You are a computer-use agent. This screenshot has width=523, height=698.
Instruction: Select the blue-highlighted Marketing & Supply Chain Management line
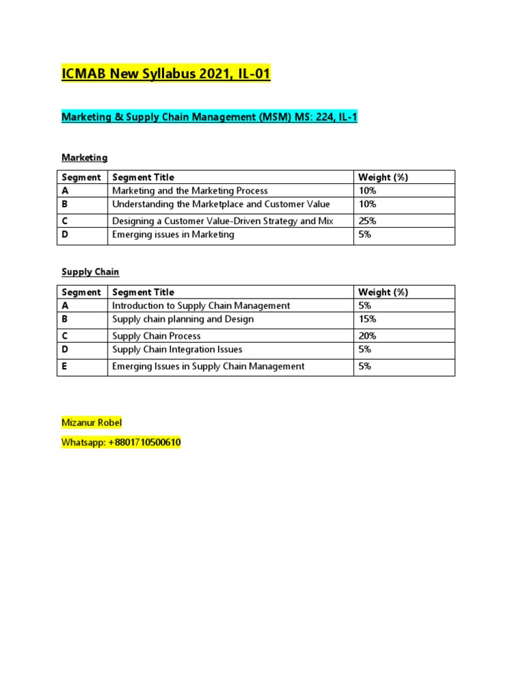click(x=209, y=117)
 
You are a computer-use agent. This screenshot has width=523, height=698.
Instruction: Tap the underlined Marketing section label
click(x=84, y=157)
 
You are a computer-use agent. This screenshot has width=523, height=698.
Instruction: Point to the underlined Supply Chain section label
click(x=90, y=272)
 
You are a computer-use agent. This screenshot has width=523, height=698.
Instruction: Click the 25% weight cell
click(x=368, y=221)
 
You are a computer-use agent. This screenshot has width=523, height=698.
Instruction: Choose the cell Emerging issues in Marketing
click(x=173, y=234)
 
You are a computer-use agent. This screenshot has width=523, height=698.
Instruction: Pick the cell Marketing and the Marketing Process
click(x=190, y=191)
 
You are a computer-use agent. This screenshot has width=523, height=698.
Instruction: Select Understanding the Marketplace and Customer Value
click(x=221, y=204)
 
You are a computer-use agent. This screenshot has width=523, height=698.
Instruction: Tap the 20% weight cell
click(x=368, y=336)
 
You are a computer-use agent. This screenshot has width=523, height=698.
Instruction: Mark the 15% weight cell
click(x=368, y=319)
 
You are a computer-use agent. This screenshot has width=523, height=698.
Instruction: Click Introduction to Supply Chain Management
click(x=201, y=306)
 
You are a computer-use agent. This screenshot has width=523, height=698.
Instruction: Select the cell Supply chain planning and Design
click(x=183, y=319)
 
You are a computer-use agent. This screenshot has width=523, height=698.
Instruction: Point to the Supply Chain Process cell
click(x=156, y=336)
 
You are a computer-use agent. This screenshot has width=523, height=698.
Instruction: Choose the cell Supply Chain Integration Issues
click(x=177, y=350)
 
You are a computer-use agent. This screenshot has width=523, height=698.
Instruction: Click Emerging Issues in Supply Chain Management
click(x=208, y=366)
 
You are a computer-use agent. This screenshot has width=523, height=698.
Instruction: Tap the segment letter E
click(x=65, y=366)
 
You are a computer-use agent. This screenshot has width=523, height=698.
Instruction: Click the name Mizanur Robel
click(x=91, y=423)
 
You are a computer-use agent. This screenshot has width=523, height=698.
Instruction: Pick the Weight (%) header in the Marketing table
click(x=383, y=177)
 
